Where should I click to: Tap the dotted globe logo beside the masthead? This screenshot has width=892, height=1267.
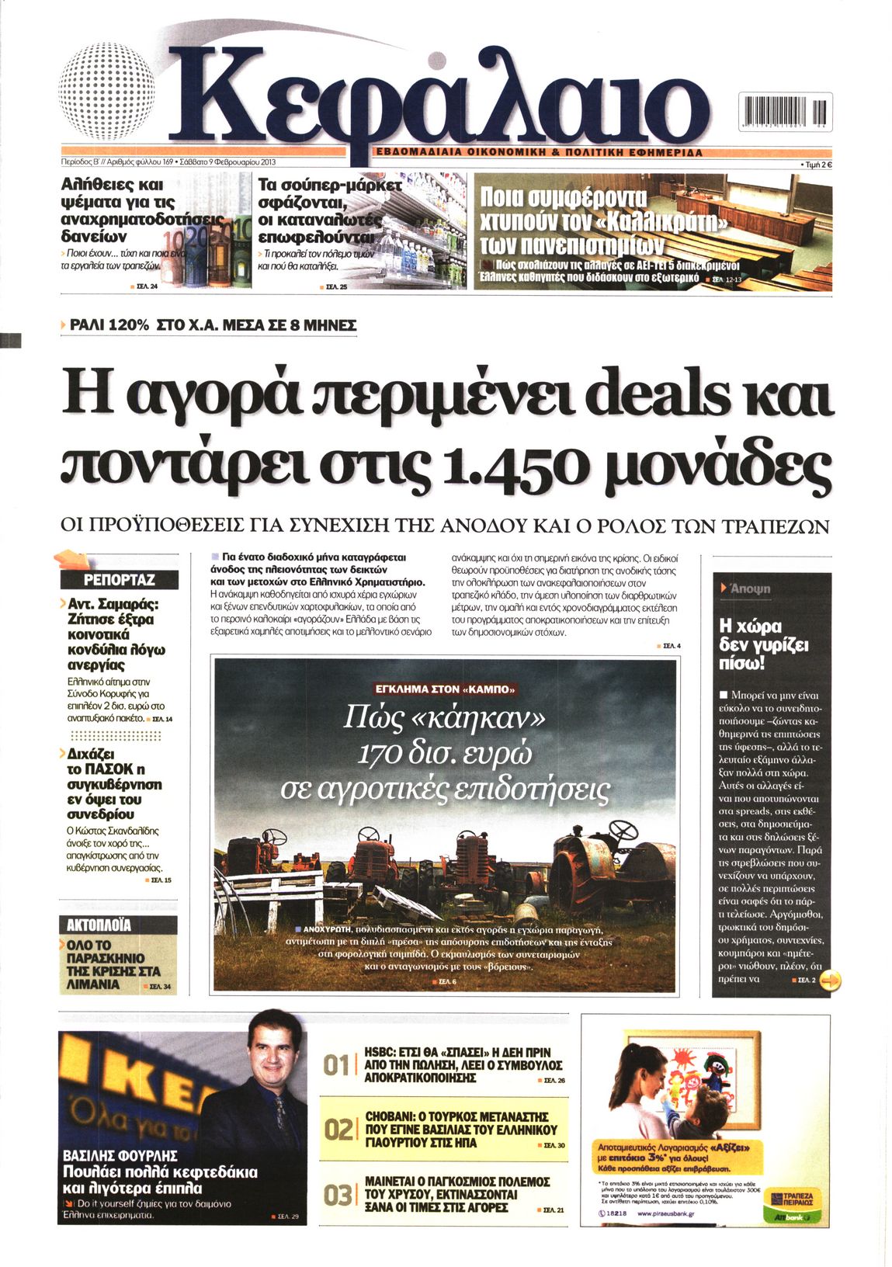tap(105, 90)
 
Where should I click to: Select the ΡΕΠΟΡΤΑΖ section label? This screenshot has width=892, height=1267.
tap(119, 580)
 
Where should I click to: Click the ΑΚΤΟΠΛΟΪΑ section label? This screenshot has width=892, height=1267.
tap(99, 925)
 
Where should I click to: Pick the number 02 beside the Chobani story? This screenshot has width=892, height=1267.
tap(338, 1130)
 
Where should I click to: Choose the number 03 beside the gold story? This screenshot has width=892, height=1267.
tap(338, 1196)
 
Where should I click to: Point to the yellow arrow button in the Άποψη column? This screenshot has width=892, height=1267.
tap(830, 981)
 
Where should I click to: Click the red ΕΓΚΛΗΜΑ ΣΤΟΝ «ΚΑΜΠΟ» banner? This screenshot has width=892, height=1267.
tap(445, 689)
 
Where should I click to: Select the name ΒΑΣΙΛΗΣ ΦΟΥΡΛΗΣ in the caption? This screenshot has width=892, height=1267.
tap(120, 1155)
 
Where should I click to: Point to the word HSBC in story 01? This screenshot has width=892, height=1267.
tap(381, 1052)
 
